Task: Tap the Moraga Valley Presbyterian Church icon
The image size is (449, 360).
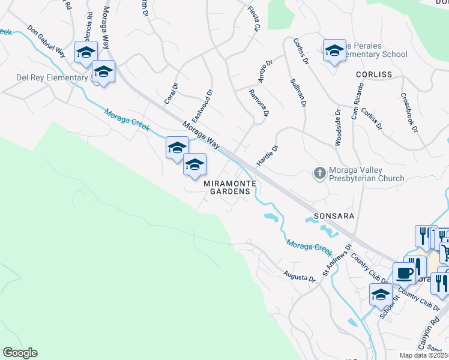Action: (x=319, y=173)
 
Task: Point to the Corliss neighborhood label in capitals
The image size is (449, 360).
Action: (x=373, y=74)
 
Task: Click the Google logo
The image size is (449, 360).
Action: (x=20, y=353)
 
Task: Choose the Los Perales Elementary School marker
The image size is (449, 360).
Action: (x=334, y=51)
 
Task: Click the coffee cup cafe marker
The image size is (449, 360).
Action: (x=405, y=274)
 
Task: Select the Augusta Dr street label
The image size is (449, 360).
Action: (x=300, y=277)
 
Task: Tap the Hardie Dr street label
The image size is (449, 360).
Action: (x=268, y=155)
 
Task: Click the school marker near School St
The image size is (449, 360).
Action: (x=381, y=295)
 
